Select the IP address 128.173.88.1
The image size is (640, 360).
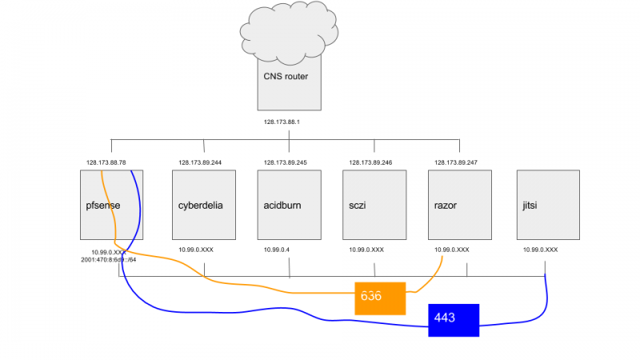coord(287,123)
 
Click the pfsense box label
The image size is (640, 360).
coord(103,206)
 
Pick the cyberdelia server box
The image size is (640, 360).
coord(203,205)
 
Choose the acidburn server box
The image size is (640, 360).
coord(289,205)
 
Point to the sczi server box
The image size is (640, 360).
coord(374,205)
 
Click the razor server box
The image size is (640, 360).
coord(459,205)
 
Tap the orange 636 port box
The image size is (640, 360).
coord(380,297)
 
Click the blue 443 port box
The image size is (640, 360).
coord(453,319)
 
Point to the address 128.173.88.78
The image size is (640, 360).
coord(106,162)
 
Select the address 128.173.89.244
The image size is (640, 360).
coord(200,162)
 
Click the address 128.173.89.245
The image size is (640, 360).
coord(286,162)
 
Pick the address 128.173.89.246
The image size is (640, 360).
coord(370,162)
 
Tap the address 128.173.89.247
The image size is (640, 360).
coord(456,162)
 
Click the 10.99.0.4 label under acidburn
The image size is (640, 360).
coord(277,250)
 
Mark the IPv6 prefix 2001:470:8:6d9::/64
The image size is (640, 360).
coord(109,259)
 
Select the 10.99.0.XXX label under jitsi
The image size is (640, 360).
coord(541,250)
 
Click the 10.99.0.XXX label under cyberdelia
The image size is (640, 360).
coord(196,250)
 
